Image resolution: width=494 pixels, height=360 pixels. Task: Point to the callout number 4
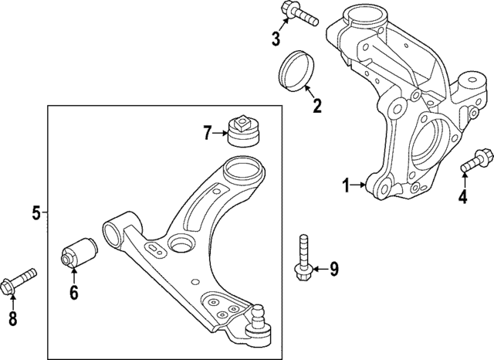click(x=462, y=197)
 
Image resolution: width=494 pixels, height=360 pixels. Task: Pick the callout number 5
click(x=36, y=212)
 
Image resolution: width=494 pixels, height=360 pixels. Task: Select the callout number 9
click(x=333, y=269)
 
